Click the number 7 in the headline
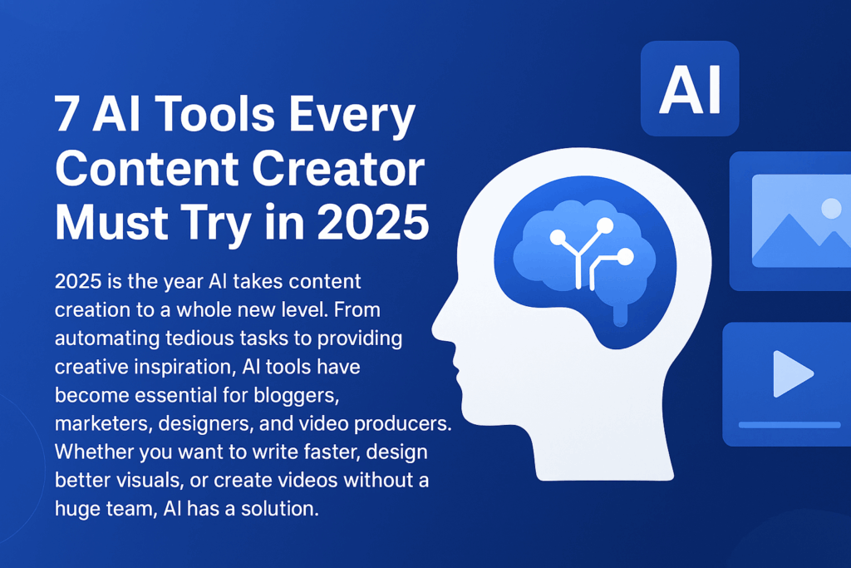pyautogui.click(x=68, y=115)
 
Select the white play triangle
pyautogui.click(x=791, y=374)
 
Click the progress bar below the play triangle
pyautogui.click(x=790, y=425)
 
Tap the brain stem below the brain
pyautogui.click(x=619, y=314)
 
